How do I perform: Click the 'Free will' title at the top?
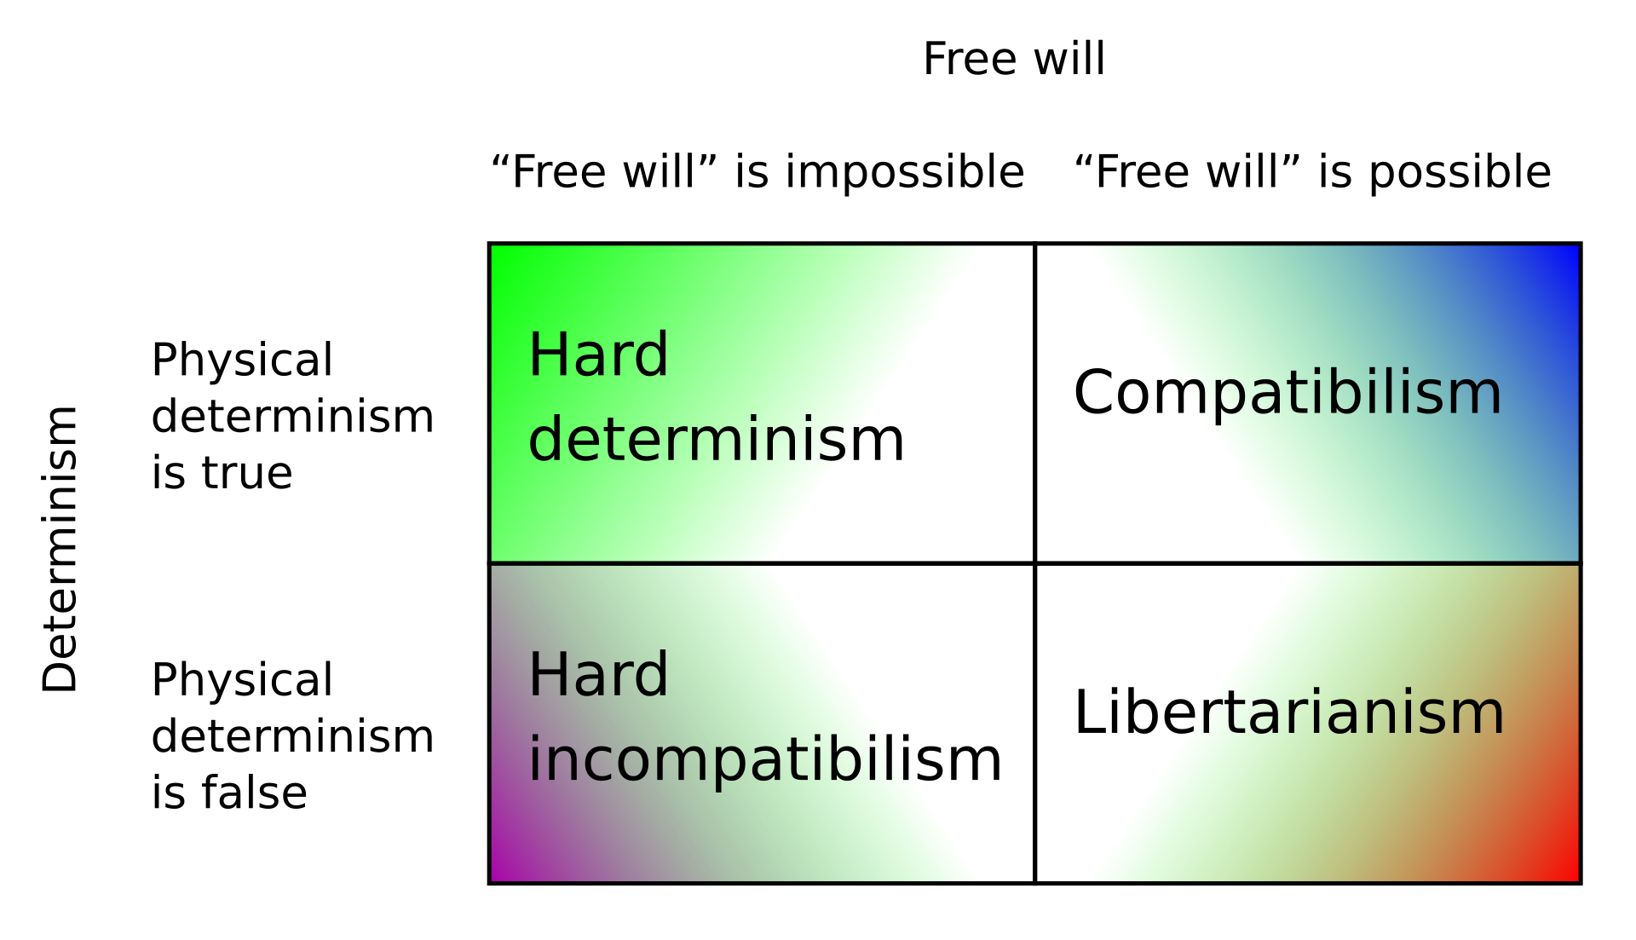point(1014,59)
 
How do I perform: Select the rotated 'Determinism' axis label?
point(60,549)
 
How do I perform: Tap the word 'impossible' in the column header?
point(904,173)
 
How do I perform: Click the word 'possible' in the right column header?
point(1460,173)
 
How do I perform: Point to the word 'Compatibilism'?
point(1287,394)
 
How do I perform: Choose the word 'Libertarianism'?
point(1289,712)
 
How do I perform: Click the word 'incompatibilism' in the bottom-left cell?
point(765,760)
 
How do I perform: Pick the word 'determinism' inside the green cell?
point(716,440)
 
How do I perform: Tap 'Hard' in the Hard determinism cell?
point(598,355)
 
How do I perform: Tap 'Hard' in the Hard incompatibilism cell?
point(598,674)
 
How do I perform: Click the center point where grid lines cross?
point(1034,563)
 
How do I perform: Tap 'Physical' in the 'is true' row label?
point(242,360)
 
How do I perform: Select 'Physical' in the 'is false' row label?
point(242,679)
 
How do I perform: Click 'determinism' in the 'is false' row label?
point(292,736)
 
